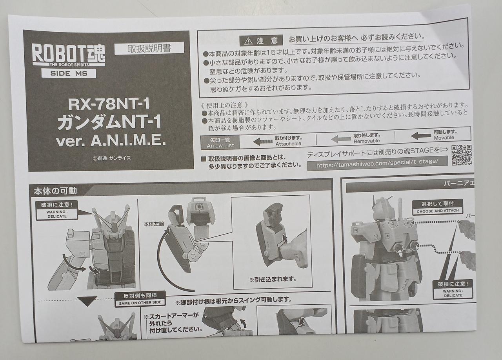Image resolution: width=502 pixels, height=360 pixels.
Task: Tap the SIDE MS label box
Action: pyautogui.click(x=69, y=73)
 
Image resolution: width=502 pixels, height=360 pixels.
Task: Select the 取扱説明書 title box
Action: pyautogui.click(x=149, y=48)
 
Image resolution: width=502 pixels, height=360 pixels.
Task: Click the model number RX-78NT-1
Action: pyautogui.click(x=109, y=104)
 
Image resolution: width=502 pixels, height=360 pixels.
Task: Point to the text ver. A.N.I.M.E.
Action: pyautogui.click(x=111, y=141)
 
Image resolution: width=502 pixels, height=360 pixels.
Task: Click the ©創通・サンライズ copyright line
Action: pyautogui.click(x=112, y=158)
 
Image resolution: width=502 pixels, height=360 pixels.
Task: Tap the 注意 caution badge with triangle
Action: pyautogui.click(x=261, y=41)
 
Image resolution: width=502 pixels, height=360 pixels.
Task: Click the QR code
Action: pyautogui.click(x=462, y=155)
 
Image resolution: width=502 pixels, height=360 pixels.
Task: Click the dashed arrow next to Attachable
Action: pyautogui.click(x=262, y=142)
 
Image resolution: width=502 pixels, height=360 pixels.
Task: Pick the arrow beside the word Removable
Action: pyautogui.click(x=341, y=139)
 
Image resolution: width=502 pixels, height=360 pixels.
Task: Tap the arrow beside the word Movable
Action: pyautogui.click(x=421, y=136)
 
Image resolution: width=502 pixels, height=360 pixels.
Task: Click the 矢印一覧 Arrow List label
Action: pyautogui.click(x=220, y=143)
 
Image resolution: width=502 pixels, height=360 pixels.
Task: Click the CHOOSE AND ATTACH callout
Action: pyautogui.click(x=437, y=207)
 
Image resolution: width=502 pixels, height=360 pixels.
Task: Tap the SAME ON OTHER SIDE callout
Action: pyautogui.click(x=140, y=298)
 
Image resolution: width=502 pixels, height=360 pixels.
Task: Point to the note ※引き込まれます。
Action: pyautogui.click(x=273, y=279)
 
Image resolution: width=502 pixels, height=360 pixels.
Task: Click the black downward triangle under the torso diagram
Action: pyautogui.click(x=87, y=301)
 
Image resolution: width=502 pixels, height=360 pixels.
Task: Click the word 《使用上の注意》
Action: pyautogui.click(x=225, y=105)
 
